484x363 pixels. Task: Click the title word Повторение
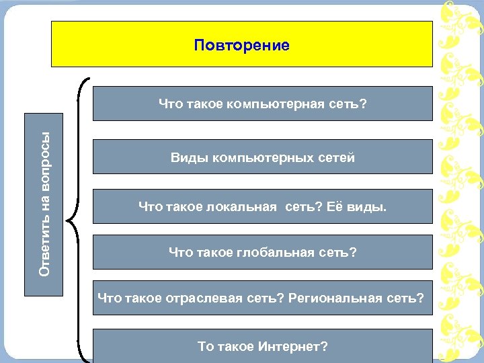[x=242, y=46]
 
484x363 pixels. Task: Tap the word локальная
[x=243, y=207]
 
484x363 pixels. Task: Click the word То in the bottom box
[x=205, y=347]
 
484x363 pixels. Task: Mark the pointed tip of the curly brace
[x=69, y=219]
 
